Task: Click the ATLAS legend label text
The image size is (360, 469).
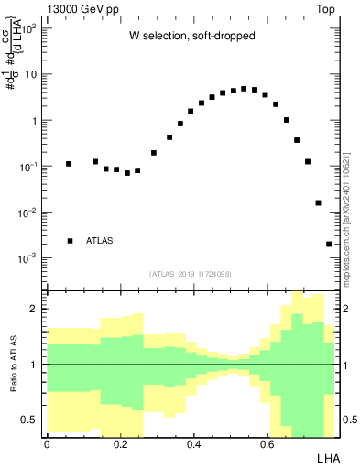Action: pos(100,241)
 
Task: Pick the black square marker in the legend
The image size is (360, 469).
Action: pos(70,241)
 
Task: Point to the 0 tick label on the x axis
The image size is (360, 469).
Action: pos(48,444)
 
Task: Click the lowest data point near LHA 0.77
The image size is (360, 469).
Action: pos(329,244)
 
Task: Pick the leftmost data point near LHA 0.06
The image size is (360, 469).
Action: pos(69,164)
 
